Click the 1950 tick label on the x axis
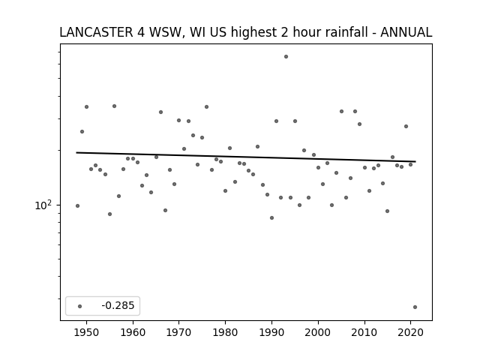coord(87,332)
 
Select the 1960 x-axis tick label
coord(133,332)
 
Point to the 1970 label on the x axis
coord(179,332)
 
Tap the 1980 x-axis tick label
coord(225,332)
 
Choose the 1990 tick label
coord(271,332)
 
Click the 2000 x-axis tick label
coord(318,332)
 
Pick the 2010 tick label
coord(364,332)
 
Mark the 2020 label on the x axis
coord(410,332)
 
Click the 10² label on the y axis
coord(43,205)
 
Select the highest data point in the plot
coord(286,57)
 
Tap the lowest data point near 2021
coord(415,307)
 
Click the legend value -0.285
coord(118,305)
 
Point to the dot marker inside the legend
coord(80,306)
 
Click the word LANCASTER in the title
coord(96,32)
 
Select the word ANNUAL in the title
coord(406,32)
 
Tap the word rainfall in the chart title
coord(345,32)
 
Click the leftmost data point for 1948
coord(77,205)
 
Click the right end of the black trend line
coord(415,161)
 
